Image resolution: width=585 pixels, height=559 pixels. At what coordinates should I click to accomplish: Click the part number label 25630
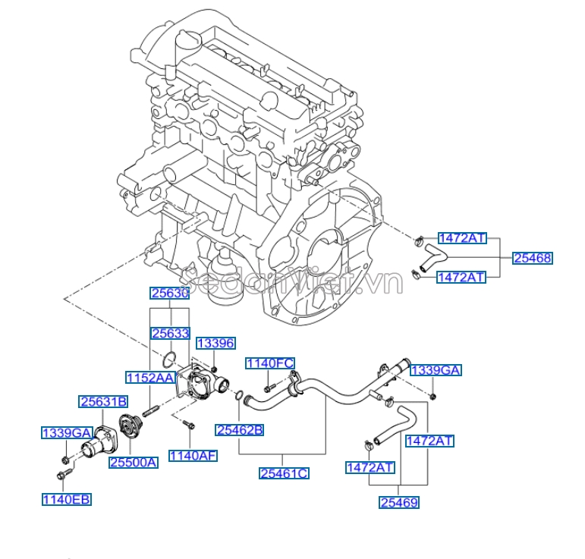pyautogui.click(x=168, y=294)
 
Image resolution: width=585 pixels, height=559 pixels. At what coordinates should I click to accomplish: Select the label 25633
pyautogui.click(x=168, y=332)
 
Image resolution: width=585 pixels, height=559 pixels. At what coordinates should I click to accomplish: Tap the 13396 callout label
pyautogui.click(x=215, y=343)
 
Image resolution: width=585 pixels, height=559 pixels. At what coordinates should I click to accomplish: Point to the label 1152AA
pyautogui.click(x=150, y=377)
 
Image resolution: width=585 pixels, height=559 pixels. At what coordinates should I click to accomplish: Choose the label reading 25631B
pyautogui.click(x=104, y=401)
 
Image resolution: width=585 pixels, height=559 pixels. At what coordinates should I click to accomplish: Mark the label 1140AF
pyautogui.click(x=193, y=455)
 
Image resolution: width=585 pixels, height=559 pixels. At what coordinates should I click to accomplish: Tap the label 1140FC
pyautogui.click(x=269, y=364)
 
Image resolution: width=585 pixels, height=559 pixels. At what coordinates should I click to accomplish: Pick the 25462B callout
pyautogui.click(x=239, y=430)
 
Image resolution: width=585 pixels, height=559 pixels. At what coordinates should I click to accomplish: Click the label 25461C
pyautogui.click(x=284, y=473)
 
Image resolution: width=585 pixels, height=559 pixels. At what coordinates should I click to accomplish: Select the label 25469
pyautogui.click(x=399, y=501)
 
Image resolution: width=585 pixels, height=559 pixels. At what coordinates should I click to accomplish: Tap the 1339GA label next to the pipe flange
pyautogui.click(x=436, y=370)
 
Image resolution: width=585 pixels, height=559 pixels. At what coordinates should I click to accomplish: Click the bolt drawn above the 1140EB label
pyautogui.click(x=63, y=475)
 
